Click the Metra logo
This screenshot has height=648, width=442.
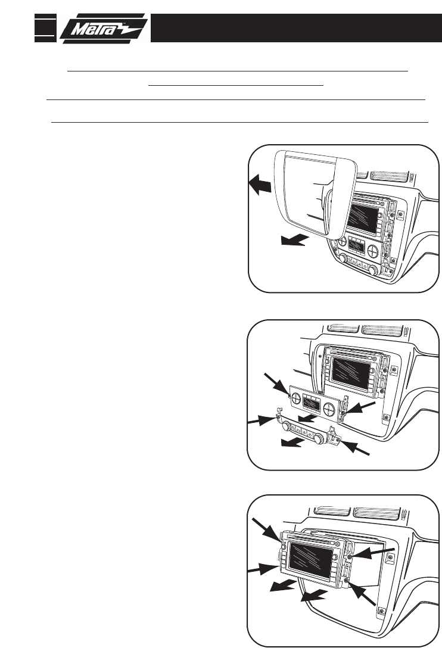coord(103,29)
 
